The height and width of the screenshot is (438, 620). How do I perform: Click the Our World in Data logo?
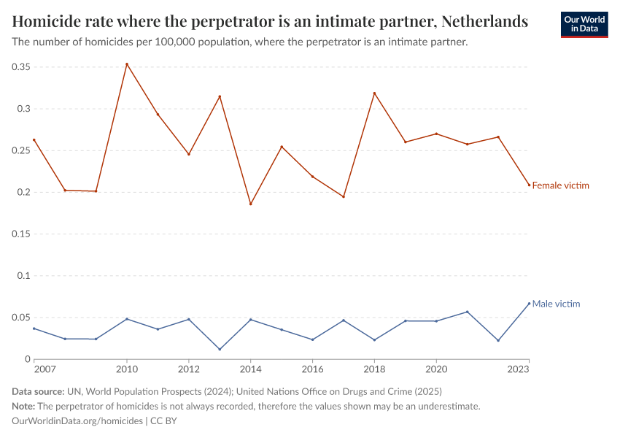(584, 24)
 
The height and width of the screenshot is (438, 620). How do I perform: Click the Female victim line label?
(560, 185)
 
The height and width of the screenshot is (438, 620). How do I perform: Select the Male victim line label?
(556, 304)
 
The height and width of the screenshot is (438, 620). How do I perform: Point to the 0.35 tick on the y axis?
(21, 67)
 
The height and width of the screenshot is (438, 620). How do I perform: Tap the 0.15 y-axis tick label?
(21, 234)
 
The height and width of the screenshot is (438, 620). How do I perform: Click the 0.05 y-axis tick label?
(21, 318)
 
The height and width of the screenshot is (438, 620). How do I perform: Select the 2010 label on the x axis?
(127, 370)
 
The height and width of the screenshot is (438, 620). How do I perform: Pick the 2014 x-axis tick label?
(250, 370)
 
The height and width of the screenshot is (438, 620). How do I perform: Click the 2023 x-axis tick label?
(519, 370)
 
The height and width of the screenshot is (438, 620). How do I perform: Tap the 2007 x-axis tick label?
(44, 370)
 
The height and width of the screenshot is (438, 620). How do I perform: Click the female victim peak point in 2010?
(127, 64)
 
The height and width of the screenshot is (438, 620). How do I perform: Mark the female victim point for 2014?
(250, 204)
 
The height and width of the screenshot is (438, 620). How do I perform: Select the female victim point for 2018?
(374, 93)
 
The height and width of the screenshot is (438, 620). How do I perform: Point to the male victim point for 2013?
(220, 350)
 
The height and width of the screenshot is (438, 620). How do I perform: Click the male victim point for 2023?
(529, 304)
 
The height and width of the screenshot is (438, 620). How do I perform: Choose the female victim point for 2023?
(529, 185)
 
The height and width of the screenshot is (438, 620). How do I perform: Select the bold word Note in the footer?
(23, 406)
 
